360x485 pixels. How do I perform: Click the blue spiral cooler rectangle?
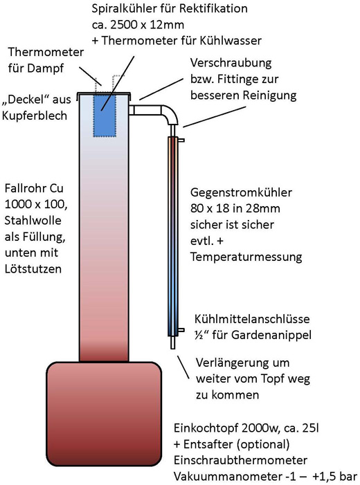[105, 115]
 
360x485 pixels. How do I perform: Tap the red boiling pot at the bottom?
[104, 414]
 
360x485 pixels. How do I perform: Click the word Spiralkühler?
[125, 9]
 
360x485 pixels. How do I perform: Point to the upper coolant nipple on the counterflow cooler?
[181, 140]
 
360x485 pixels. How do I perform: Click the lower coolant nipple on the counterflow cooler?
[181, 330]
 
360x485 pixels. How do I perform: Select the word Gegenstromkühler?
[241, 192]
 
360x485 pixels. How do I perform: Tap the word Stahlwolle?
[33, 220]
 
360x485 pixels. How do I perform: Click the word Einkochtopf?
[206, 428]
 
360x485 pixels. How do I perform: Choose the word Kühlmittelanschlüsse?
[252, 319]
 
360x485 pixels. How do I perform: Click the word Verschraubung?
[231, 63]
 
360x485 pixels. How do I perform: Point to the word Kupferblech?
[35, 116]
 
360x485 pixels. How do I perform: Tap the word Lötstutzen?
[33, 269]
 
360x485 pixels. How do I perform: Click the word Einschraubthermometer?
[240, 460]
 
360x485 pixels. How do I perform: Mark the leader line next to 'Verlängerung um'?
[183, 367]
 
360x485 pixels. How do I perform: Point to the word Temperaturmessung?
[246, 257]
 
